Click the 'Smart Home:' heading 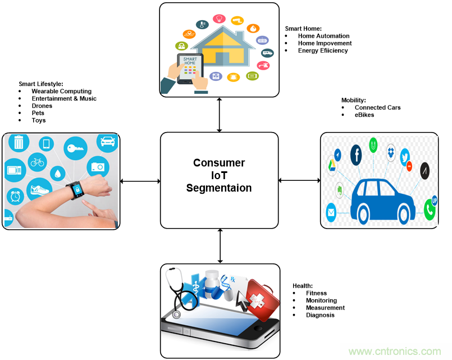[303, 28]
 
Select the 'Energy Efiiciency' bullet [323, 51]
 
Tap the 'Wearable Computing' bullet [61, 91]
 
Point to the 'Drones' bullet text [42, 106]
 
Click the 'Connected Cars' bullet [377, 107]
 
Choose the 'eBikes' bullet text [364, 115]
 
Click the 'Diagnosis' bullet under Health [320, 315]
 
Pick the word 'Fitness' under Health [316, 293]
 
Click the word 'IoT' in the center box [219, 175]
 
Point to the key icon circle [75, 148]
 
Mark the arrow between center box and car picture [299, 180]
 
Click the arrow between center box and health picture [220, 245]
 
